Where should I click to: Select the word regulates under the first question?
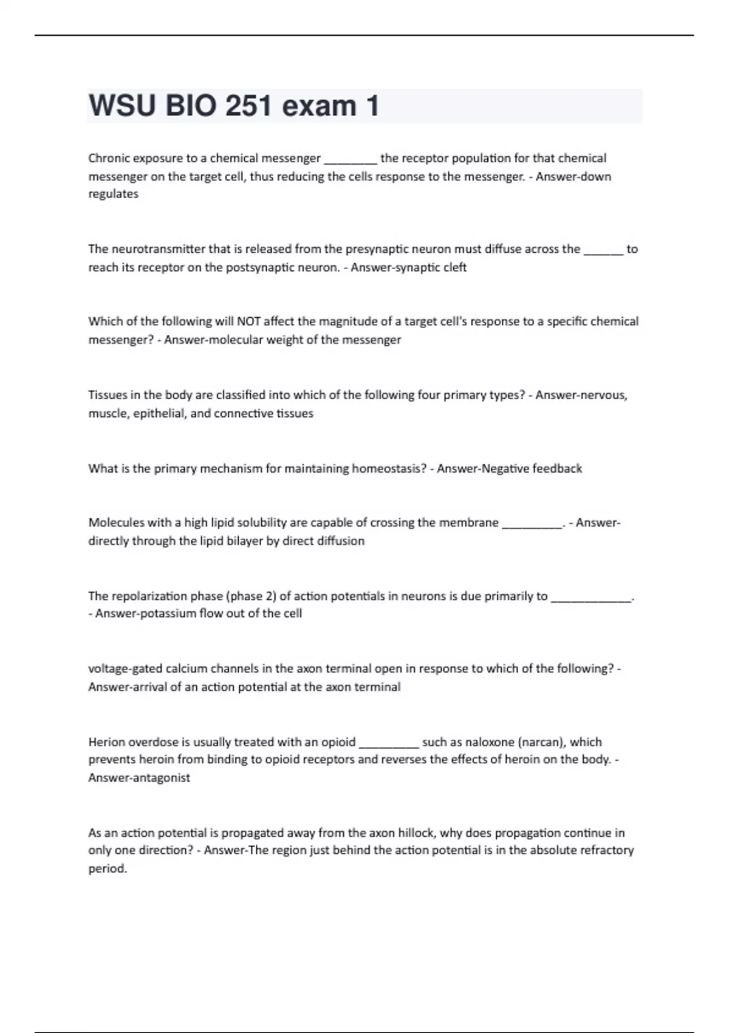coord(114,194)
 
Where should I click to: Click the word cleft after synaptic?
coord(454,267)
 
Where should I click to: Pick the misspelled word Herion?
coord(105,742)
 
